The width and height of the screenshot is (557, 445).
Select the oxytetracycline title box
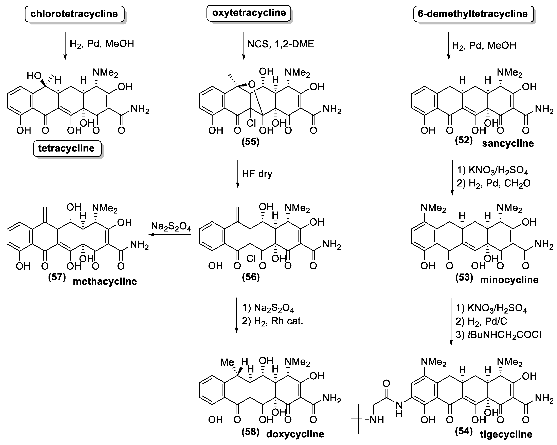pos(249,13)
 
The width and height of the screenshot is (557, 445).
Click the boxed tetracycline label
pos(67,148)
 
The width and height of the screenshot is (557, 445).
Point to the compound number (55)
pos(250,142)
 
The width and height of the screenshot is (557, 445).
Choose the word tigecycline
pos(506,434)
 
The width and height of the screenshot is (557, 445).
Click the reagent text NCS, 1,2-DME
pos(281,44)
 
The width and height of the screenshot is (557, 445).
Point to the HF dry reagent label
pos(257,174)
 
